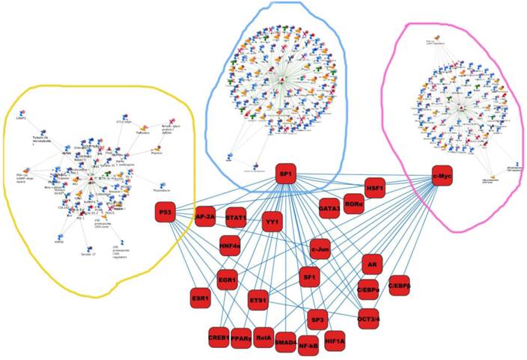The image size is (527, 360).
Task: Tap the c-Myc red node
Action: click(443, 174)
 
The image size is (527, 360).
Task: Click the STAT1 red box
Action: click(237, 213)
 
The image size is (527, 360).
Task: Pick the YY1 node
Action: click(273, 222)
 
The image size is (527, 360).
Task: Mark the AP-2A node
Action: click(205, 217)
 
